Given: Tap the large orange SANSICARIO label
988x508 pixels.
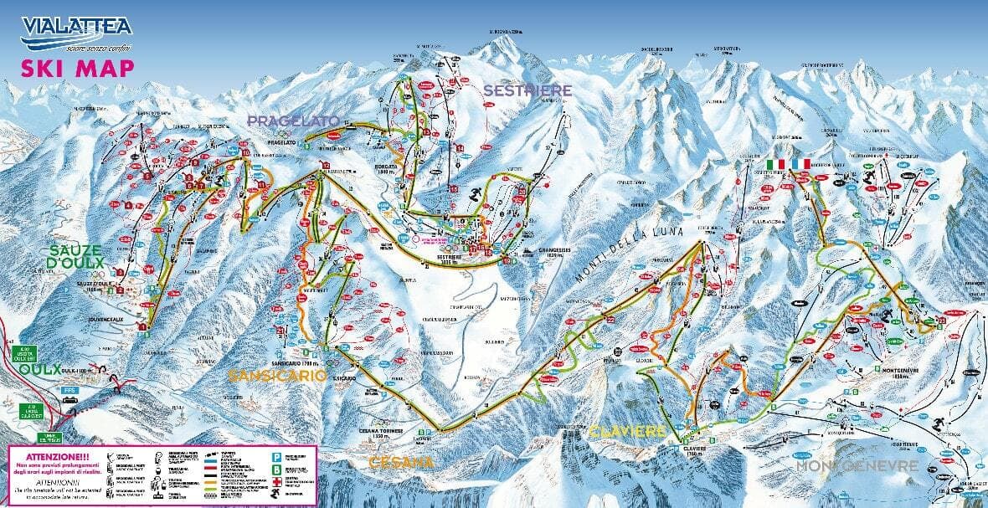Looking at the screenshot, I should pos(277,377).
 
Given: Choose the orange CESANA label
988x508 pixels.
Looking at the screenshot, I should pos(403,462).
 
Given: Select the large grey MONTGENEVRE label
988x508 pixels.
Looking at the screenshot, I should pos(857,465).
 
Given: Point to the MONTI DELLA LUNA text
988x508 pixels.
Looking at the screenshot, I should pos(629,254).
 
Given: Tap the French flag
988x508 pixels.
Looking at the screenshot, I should pos(801,163).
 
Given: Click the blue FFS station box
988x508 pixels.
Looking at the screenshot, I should pos(69,389).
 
